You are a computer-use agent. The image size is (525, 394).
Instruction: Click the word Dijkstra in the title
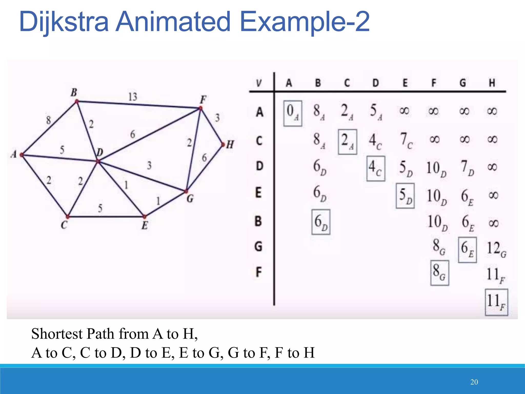64,22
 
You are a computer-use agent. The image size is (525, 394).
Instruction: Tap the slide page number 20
474,382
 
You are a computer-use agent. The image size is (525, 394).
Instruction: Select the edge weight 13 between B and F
133,97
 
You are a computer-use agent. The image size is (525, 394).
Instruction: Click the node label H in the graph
230,145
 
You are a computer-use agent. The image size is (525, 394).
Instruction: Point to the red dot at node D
98,162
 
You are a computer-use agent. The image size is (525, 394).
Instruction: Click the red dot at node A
22,155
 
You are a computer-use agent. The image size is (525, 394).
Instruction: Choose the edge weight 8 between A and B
48,120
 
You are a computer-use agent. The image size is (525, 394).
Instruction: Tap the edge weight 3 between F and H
217,118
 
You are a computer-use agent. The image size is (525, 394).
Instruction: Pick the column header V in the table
259,83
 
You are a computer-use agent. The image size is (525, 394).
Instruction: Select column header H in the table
492,83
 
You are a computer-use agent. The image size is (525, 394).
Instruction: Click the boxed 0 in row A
292,113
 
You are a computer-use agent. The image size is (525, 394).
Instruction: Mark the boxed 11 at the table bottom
496,302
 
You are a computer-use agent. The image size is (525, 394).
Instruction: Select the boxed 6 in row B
320,222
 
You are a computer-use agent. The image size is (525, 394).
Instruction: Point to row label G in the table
258,246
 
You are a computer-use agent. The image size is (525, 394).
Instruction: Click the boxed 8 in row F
439,272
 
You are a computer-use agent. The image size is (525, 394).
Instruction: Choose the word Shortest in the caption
57,334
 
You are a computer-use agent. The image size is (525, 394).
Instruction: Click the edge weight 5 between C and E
100,208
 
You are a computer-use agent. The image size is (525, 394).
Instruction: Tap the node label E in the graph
145,225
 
